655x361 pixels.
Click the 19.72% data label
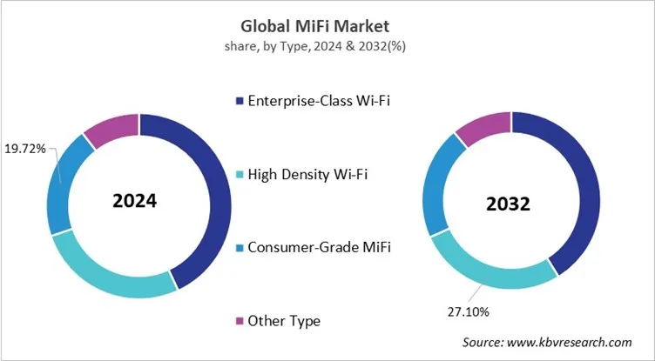[26, 150]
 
